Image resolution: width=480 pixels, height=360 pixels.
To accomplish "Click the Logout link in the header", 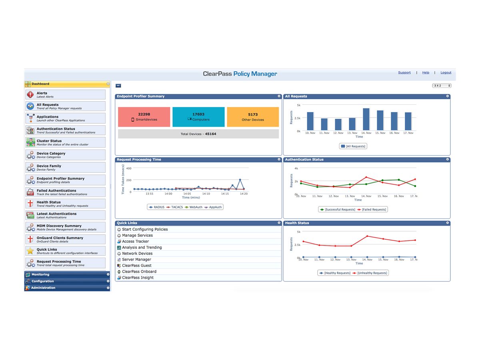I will tap(446, 72).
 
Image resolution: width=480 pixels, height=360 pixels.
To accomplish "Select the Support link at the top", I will tap(404, 72).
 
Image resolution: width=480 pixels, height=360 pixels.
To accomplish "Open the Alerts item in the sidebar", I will tap(66, 95).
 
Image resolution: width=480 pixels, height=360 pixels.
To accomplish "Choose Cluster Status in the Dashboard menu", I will tap(66, 142).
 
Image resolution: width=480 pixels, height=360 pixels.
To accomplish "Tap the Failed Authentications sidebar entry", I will tap(66, 192).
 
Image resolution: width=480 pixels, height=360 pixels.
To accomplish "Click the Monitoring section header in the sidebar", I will tap(67, 274).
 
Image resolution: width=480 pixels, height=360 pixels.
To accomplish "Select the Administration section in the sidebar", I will tap(67, 288).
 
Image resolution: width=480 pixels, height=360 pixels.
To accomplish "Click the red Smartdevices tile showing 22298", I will tap(144, 117).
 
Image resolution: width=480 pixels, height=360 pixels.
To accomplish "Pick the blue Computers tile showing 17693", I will tap(198, 117).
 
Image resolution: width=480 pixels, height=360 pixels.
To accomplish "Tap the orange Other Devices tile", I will tap(253, 117).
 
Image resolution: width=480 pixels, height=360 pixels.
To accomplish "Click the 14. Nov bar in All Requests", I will tap(366, 119).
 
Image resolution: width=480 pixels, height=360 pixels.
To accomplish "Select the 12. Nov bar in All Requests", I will tap(338, 124).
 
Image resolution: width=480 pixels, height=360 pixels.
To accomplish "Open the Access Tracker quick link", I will tap(135, 242).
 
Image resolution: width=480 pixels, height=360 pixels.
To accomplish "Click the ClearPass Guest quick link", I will tap(136, 266).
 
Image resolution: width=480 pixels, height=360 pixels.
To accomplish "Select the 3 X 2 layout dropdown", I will tap(442, 86).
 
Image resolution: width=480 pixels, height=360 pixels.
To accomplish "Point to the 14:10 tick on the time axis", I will tap(206, 194).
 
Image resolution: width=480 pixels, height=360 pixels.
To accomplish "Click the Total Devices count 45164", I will tap(210, 134).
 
